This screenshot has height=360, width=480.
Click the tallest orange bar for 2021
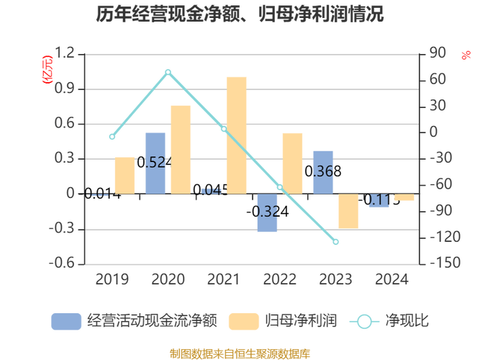tap(237, 133)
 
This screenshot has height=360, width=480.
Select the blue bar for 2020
tap(155, 162)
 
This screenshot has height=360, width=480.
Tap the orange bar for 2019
tap(124, 174)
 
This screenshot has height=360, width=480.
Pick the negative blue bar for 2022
tap(267, 213)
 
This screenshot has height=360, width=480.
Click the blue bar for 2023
tap(323, 171)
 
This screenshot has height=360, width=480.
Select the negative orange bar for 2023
tap(348, 211)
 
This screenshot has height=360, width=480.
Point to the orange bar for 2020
tap(181, 148)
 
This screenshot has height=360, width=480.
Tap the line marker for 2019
tap(112, 137)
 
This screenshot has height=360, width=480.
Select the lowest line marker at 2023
tap(336, 242)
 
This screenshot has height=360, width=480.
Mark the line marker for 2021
tap(224, 130)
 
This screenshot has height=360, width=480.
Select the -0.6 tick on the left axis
tap(62, 263)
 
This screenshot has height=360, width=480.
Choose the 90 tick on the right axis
tap(438, 53)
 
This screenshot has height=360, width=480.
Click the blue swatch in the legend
tap(65, 321)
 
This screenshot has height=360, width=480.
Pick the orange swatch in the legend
tap(243, 321)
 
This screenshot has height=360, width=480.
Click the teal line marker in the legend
tap(365, 321)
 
